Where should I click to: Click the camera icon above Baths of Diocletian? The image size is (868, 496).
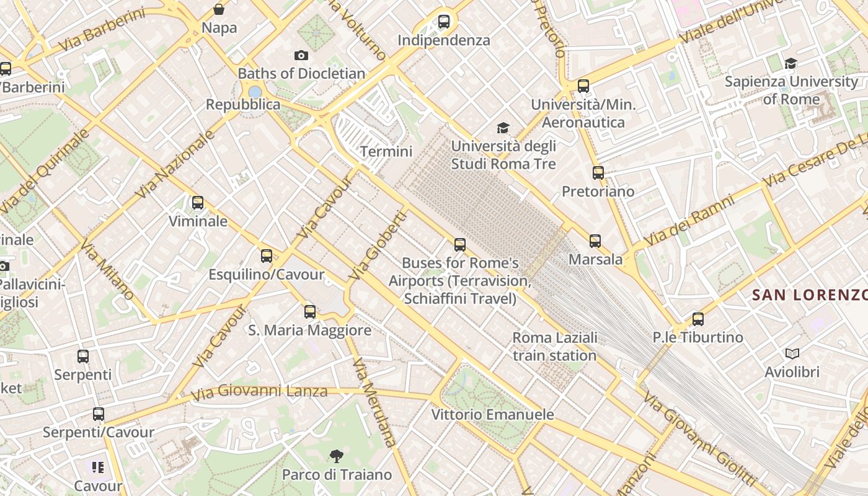(301, 56)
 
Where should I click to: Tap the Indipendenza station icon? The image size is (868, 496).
(444, 22)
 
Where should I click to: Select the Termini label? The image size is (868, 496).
(386, 151)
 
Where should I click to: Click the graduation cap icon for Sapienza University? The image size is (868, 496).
(790, 63)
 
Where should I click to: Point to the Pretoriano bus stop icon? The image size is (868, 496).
(598, 173)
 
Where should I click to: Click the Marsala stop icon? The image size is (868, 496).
(595, 241)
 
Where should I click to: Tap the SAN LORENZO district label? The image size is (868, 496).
(809, 295)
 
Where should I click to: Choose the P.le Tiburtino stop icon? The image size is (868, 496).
(698, 319)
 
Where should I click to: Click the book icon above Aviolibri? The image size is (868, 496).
(792, 354)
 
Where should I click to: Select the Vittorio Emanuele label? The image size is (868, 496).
(492, 414)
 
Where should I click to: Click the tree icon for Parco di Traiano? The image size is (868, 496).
(337, 457)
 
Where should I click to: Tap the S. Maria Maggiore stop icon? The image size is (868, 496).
(310, 312)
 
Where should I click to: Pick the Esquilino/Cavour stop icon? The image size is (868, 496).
(267, 255)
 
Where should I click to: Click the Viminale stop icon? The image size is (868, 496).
(198, 203)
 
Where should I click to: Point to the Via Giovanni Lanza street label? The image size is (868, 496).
(259, 392)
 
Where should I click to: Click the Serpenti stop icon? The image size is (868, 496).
(83, 356)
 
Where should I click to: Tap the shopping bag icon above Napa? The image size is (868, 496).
(219, 9)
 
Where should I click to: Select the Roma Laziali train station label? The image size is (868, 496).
(554, 347)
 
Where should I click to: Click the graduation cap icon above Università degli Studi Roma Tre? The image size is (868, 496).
(503, 128)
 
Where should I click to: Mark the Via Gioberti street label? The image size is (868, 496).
(378, 246)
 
